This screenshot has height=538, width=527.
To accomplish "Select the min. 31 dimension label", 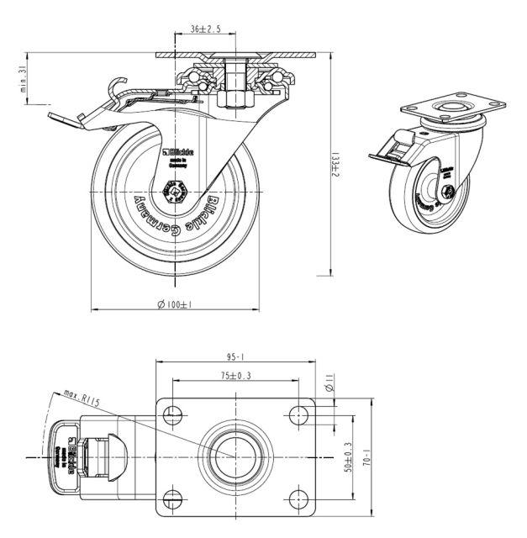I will click(24, 82).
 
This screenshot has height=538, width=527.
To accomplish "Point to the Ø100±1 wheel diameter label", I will click(175, 304).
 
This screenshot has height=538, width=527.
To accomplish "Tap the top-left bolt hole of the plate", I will click(173, 414).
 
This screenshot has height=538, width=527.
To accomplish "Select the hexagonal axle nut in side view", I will click(175, 194).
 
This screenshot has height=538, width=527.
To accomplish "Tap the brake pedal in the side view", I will click(67, 122).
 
